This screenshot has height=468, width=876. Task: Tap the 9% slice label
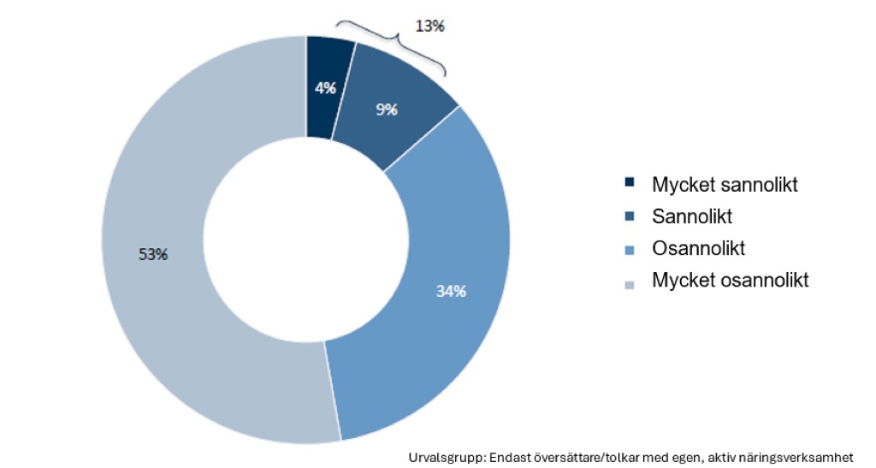386,109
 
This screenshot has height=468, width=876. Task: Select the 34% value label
451,292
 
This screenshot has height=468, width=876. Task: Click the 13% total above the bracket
429,26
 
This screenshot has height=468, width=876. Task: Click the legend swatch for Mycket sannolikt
630,182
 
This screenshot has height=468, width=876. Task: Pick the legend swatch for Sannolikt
630,215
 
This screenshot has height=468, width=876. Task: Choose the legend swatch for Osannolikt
630,249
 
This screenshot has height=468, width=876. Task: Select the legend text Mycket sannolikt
725,184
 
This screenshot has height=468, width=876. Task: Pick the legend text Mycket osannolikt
730,281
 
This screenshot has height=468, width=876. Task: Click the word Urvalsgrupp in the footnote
447,457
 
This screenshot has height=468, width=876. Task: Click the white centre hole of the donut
305,240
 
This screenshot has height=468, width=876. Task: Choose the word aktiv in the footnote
725,457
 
